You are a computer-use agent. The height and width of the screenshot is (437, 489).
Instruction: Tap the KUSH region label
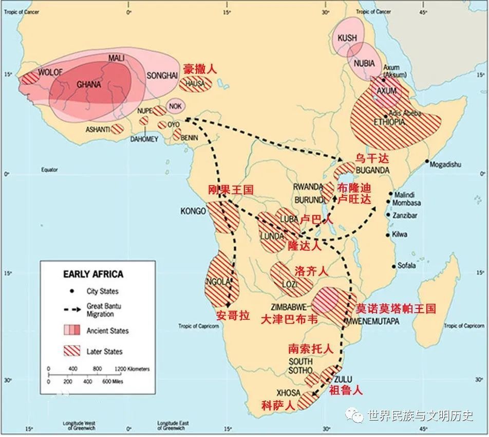pyautogui.click(x=347, y=38)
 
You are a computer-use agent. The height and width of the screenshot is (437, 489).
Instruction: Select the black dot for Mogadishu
pyautogui.click(x=427, y=161)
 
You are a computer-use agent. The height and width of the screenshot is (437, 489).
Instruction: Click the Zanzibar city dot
pyautogui.click(x=388, y=215)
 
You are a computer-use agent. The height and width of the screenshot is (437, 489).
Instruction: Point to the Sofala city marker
pyautogui.click(x=393, y=266)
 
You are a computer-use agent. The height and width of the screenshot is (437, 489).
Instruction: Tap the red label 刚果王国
pyautogui.click(x=231, y=190)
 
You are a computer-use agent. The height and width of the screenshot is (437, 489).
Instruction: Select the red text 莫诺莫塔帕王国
pyautogui.click(x=396, y=308)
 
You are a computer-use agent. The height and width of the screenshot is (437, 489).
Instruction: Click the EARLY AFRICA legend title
pyautogui.click(x=93, y=274)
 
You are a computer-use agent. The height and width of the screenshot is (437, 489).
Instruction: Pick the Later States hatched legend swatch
pyautogui.click(x=73, y=351)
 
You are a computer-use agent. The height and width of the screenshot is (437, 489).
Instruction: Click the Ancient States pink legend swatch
pyautogui.click(x=73, y=330)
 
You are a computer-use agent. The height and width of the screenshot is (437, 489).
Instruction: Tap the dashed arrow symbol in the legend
pyautogui.click(x=73, y=309)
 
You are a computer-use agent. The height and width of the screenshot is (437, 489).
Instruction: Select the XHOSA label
pyautogui.click(x=289, y=392)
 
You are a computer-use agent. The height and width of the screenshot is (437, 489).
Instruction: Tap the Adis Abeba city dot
pyautogui.click(x=385, y=116)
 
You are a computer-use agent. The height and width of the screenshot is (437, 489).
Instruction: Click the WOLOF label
pyautogui.click(x=50, y=72)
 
